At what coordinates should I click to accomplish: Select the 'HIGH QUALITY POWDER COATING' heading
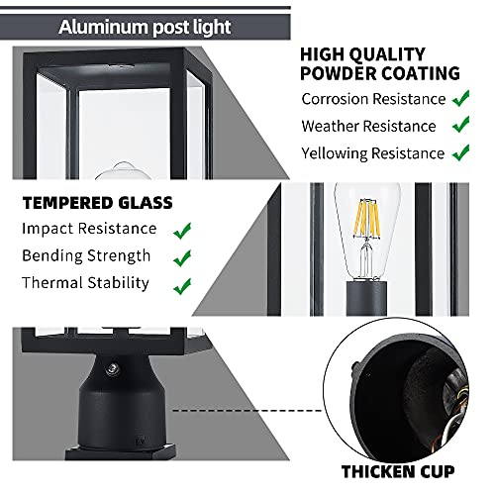point(380,63)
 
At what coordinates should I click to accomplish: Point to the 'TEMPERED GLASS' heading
point(97,203)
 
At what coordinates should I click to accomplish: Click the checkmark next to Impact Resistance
point(182,230)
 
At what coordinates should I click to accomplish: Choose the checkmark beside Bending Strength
point(182,257)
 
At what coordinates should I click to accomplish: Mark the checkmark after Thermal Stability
point(182,285)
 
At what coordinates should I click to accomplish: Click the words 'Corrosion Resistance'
point(372,99)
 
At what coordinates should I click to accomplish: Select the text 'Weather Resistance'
point(368,127)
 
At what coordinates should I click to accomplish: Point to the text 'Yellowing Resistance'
point(372,154)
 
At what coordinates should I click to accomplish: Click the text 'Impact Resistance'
point(89,230)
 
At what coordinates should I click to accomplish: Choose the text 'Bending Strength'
point(86,256)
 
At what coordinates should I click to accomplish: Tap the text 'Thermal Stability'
point(86,284)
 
